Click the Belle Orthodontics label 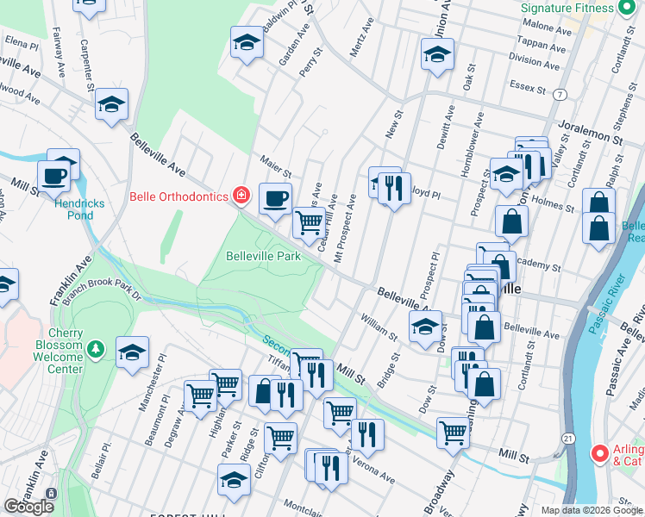pos(179,196)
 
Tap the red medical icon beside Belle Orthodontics pos(242,196)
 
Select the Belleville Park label pos(263,256)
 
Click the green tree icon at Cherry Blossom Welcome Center pos(97,349)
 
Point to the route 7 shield pos(561,93)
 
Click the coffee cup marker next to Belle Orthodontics pos(275,198)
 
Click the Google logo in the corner pos(29,506)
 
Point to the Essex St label pos(529,87)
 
